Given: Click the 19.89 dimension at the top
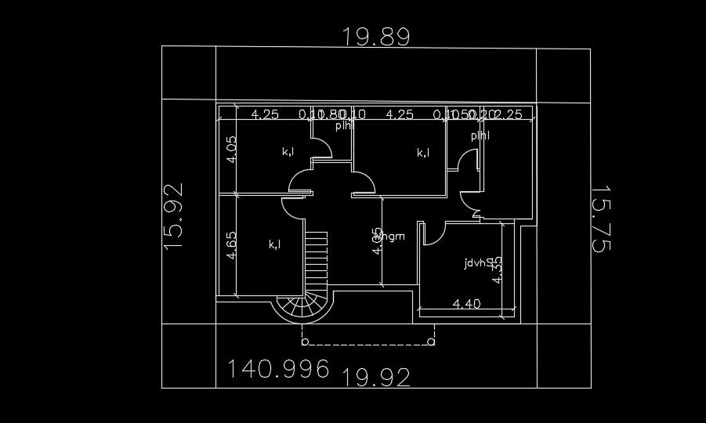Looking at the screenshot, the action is coord(376,36).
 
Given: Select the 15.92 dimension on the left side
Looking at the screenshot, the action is coord(173,215).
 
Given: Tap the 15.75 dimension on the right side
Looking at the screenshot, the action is coord(601,219).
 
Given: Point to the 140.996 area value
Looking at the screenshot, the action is coord(278,369).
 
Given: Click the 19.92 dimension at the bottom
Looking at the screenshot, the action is coord(377,378).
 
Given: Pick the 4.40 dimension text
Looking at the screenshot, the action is coord(466,304).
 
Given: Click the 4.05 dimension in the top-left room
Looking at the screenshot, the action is coord(231,149).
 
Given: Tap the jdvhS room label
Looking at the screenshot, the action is coord(477,263).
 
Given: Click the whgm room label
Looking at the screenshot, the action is coord(391,236).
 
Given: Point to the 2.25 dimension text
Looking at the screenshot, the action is coord(509,114).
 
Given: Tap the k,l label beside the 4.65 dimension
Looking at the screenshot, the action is coord(275,244).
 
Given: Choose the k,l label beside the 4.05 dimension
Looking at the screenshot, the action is coord(288,151).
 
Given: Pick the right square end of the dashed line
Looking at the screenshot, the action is coord(432,342).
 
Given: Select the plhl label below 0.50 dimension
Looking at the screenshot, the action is coord(480,136).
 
